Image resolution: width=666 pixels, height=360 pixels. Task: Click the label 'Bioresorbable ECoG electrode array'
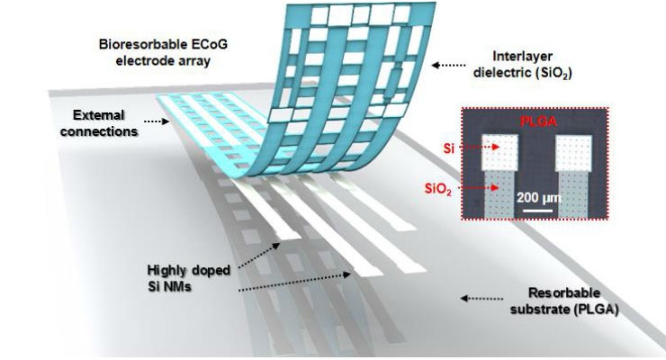pyautogui.click(x=164, y=52)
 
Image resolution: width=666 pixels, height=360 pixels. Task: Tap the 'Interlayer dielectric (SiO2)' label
pyautogui.click(x=522, y=65)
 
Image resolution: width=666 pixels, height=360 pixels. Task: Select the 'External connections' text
pyautogui.click(x=99, y=123)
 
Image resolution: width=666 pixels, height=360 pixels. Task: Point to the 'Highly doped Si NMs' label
pyautogui.click(x=188, y=278)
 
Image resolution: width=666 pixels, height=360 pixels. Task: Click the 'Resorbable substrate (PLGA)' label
pyautogui.click(x=564, y=301)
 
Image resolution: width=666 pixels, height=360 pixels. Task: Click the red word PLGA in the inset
pyautogui.click(x=538, y=121)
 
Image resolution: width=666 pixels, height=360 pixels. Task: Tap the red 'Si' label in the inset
pyautogui.click(x=448, y=148)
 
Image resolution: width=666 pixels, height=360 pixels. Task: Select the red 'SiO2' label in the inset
pyautogui.click(x=438, y=188)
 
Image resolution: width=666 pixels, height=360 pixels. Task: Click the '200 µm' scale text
pyautogui.click(x=539, y=198)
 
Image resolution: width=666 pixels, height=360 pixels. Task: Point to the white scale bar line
pyautogui.click(x=537, y=211)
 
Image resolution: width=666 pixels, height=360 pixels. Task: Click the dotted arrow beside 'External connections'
pyautogui.click(x=157, y=121)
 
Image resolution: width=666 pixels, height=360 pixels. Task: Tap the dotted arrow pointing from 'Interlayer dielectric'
pyautogui.click(x=448, y=66)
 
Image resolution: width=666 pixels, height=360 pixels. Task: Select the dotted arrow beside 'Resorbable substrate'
pyautogui.click(x=481, y=299)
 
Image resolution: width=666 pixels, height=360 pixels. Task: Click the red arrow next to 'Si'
pyautogui.click(x=480, y=148)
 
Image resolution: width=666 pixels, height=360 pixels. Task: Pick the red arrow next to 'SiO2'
pyautogui.click(x=477, y=187)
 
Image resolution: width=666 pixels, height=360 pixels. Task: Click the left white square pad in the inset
pyautogui.click(x=499, y=152)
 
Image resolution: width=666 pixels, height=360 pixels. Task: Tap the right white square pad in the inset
pyautogui.click(x=573, y=153)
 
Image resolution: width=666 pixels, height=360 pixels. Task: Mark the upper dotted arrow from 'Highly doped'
pyautogui.click(x=259, y=256)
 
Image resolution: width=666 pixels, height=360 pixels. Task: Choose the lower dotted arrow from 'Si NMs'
pyautogui.click(x=294, y=283)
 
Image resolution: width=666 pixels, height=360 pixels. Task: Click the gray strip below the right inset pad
pyautogui.click(x=573, y=195)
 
